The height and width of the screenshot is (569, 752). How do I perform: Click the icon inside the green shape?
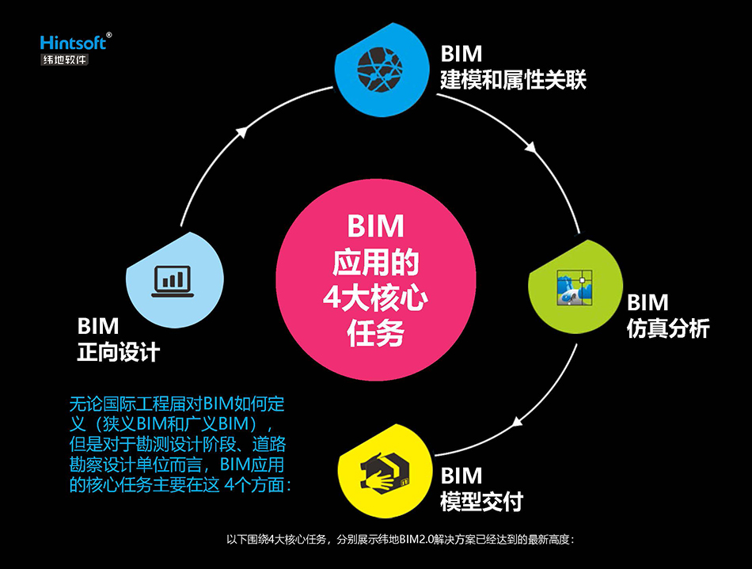click(572, 286)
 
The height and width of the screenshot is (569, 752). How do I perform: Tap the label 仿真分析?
click(668, 328)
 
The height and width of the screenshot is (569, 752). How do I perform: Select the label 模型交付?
click(481, 501)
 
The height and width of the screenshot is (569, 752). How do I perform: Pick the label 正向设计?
click(119, 351)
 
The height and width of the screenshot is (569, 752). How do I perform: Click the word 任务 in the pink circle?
click(375, 333)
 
